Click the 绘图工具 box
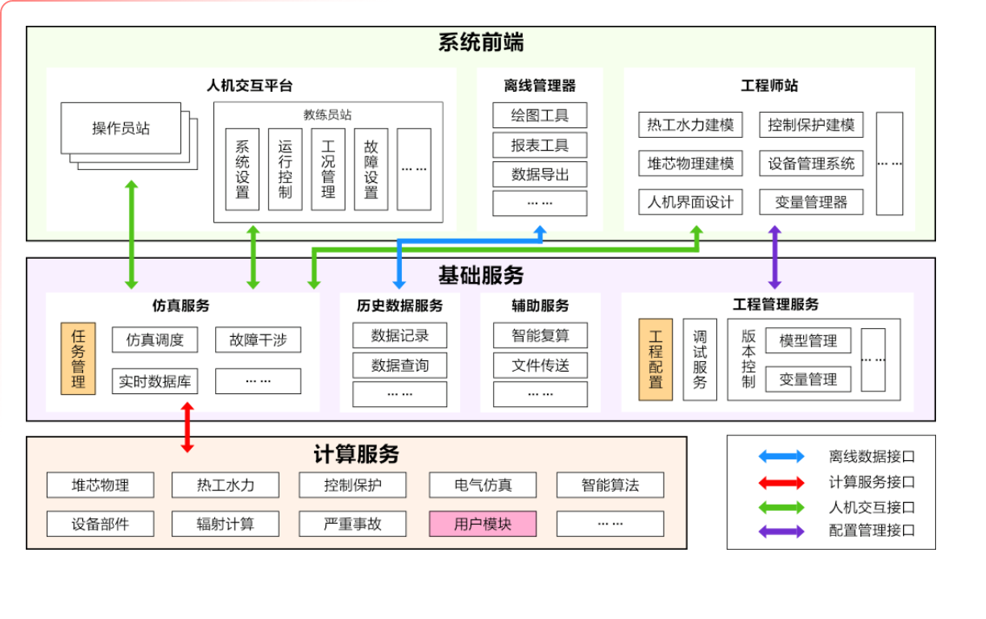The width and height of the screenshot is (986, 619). point(540,115)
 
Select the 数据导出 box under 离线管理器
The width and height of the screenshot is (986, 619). point(540,174)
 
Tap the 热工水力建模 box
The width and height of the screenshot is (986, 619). point(690,125)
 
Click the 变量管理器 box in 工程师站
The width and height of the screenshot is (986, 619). point(810,202)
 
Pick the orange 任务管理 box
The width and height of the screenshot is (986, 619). point(78,359)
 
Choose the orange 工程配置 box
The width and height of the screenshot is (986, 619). point(655,359)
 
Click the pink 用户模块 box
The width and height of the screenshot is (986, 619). point(483,524)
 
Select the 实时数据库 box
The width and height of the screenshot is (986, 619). point(155,381)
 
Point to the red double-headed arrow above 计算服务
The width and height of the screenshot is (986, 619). point(187,427)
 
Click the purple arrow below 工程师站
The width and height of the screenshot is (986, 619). point(774,257)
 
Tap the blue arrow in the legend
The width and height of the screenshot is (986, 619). point(781,457)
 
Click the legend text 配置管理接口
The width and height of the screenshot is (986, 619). point(872,531)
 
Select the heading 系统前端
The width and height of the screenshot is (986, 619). point(481,43)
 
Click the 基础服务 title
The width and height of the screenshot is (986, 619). point(481,276)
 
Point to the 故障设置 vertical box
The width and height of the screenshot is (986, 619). point(371,169)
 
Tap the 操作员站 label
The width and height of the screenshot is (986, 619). point(121,128)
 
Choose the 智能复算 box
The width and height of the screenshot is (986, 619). point(540,335)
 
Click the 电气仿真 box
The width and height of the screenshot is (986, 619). point(483,485)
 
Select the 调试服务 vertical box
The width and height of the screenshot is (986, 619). point(699,359)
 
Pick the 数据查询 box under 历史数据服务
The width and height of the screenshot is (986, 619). point(400,365)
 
